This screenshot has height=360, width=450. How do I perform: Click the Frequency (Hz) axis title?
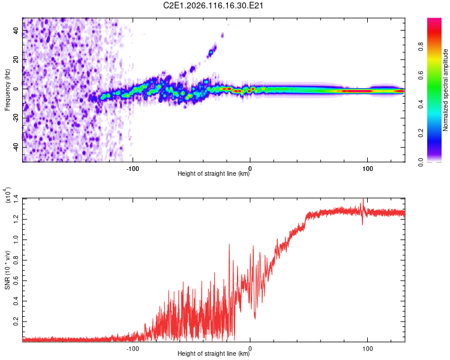[7, 90]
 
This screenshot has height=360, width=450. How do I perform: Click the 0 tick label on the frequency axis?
[17, 89]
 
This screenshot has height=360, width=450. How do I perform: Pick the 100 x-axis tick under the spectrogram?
[367, 168]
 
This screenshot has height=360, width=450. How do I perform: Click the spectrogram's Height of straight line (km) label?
[214, 175]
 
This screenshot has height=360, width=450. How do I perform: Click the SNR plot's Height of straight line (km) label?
[214, 354]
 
